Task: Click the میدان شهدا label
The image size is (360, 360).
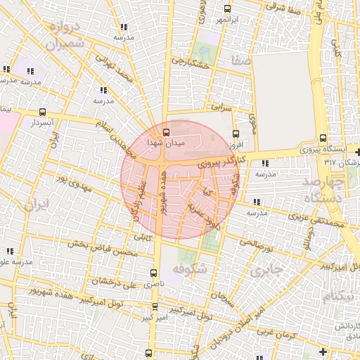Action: coord(165,142)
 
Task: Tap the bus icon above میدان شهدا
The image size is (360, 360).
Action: coord(166,131)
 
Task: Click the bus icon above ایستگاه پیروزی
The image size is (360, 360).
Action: coord(323,138)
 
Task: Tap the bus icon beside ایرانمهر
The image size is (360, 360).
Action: coord(226,8)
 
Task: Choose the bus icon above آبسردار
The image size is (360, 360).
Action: coord(43,112)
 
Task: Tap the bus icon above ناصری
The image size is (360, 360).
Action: coord(154,273)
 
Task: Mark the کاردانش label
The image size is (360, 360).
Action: coord(347,326)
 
